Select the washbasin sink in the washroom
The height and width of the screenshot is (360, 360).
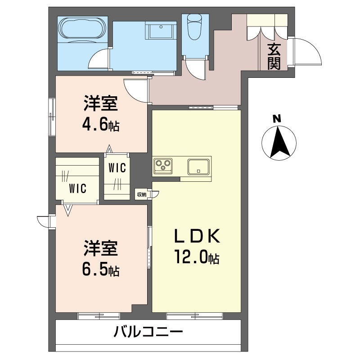160,31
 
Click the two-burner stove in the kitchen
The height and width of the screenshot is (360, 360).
163,165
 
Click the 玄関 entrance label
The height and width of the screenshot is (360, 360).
274,56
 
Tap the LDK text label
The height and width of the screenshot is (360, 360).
197,236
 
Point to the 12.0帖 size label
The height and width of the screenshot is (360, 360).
197,258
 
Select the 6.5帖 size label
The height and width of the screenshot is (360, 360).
101,270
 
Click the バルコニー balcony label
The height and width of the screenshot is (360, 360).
148,333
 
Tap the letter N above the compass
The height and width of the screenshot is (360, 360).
278,119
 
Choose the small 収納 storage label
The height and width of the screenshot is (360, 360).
142,194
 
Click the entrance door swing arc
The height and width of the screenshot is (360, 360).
307,50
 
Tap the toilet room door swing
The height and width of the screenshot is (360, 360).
196,67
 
